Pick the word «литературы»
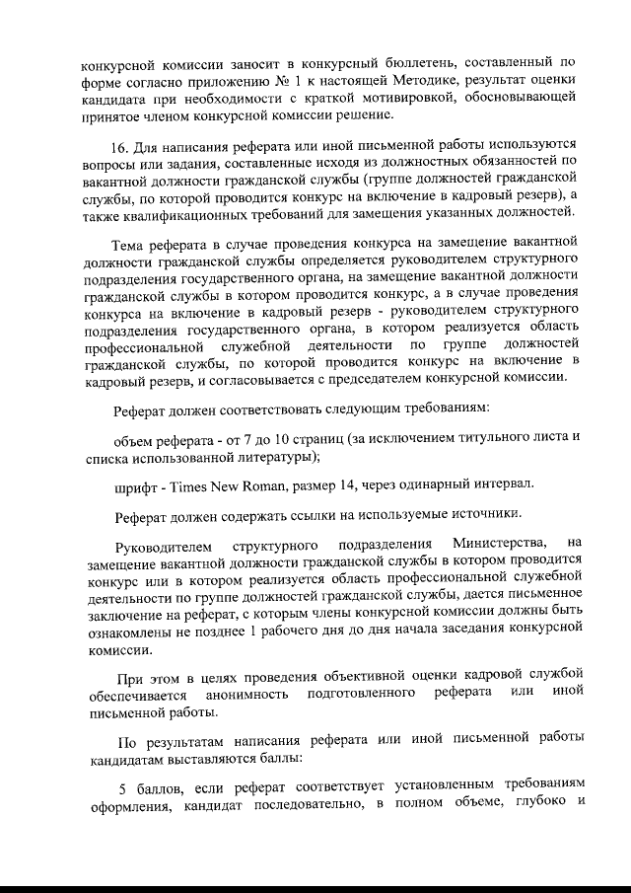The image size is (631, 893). [x=269, y=458]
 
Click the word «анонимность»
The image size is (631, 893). [x=247, y=697]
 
